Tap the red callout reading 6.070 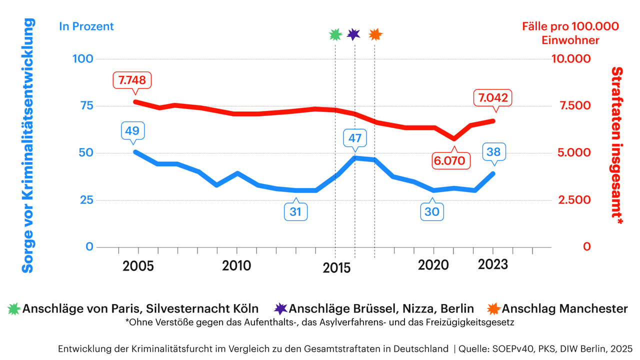pos(452,160)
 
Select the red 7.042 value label pos(493,98)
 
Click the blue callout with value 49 pos(132,131)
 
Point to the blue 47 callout pos(355,138)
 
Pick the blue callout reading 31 pos(295,211)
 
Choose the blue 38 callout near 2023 pos(494,152)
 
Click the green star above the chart pos(335,34)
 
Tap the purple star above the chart pos(353,34)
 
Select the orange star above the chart pos(375,34)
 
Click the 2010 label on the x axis pos(236,265)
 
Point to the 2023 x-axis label pos(492,264)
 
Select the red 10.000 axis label pos(571,59)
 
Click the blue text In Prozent pos(86,26)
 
